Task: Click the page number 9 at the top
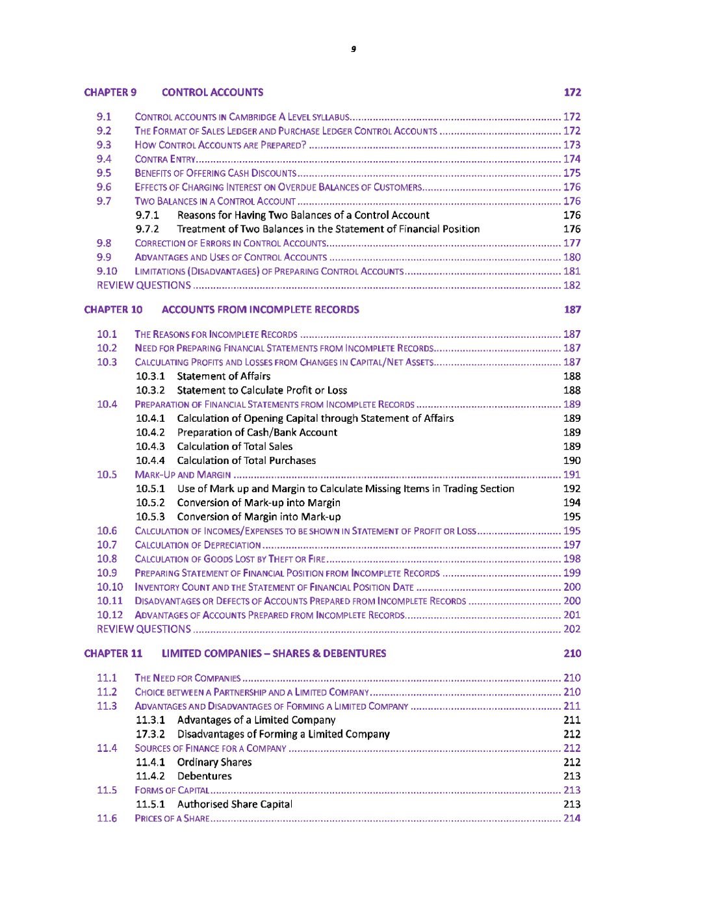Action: [x=353, y=49]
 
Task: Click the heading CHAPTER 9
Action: [x=110, y=92]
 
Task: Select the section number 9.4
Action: [x=104, y=159]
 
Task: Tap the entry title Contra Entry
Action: [x=165, y=159]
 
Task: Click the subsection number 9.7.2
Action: [x=148, y=229]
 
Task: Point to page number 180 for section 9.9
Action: [x=572, y=257]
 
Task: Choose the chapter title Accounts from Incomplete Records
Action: [x=260, y=310]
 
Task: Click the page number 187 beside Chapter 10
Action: [x=572, y=310]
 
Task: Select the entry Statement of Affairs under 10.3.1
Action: [x=224, y=376]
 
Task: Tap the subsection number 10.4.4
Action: [x=150, y=461]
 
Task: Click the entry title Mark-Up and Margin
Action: [x=183, y=475]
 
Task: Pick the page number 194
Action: [x=572, y=503]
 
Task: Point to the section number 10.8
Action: [x=107, y=559]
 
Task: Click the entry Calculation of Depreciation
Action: [x=198, y=545]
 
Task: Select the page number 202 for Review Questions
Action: [x=572, y=629]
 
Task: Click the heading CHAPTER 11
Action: [x=113, y=654]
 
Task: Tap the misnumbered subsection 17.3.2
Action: [x=150, y=734]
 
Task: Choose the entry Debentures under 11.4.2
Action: [x=204, y=777]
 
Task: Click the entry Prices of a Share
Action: [x=172, y=819]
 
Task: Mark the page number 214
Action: [x=572, y=819]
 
